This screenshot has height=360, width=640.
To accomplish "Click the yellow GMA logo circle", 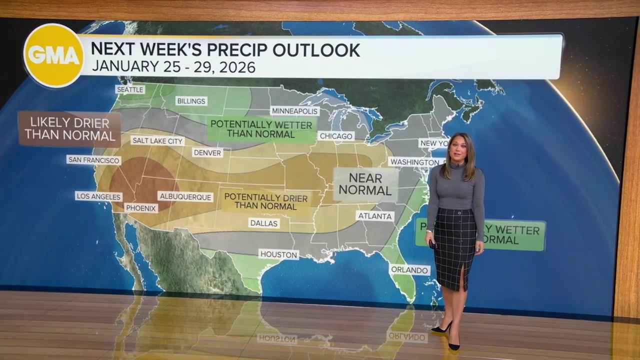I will [x=54, y=55].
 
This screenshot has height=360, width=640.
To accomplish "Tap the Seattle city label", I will [x=130, y=89].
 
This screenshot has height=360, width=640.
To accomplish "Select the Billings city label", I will [x=191, y=101].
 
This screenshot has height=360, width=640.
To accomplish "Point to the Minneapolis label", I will [x=294, y=111].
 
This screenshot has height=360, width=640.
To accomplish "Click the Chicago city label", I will [x=336, y=136].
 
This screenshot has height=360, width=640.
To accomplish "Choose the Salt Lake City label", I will [x=157, y=141].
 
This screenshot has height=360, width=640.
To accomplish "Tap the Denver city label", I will [x=207, y=152].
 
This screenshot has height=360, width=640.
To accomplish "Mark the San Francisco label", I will [x=94, y=160].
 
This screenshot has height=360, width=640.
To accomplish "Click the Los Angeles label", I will [x=98, y=196].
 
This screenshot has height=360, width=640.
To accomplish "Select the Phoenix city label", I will [x=141, y=208].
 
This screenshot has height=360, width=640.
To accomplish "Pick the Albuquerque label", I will [x=185, y=197].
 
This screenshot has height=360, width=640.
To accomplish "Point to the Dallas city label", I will [x=263, y=223].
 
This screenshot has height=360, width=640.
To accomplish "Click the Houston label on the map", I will [x=278, y=254].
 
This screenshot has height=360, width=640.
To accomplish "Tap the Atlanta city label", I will [x=375, y=216].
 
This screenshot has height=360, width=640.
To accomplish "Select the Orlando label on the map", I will [x=409, y=269].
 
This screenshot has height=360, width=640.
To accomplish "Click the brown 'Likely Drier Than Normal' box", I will [x=69, y=128].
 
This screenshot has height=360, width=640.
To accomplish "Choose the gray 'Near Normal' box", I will [x=365, y=184].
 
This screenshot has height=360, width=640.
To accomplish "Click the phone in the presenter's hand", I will [x=433, y=244].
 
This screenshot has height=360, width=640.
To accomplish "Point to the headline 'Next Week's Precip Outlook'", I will [x=225, y=50].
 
